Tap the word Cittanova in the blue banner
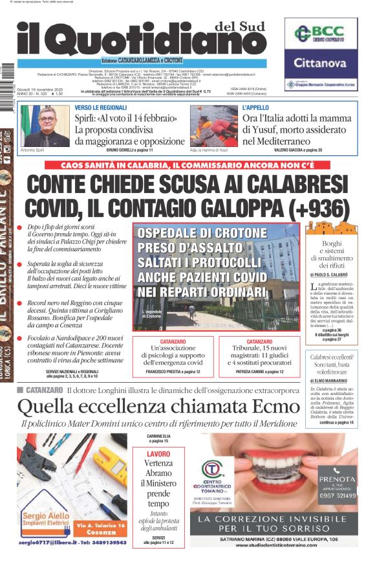[x=321, y=63]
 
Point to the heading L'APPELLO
[x=255, y=108]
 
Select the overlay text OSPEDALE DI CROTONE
[x=200, y=233]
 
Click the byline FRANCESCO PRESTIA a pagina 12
[x=171, y=372]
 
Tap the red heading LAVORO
[x=158, y=454]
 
